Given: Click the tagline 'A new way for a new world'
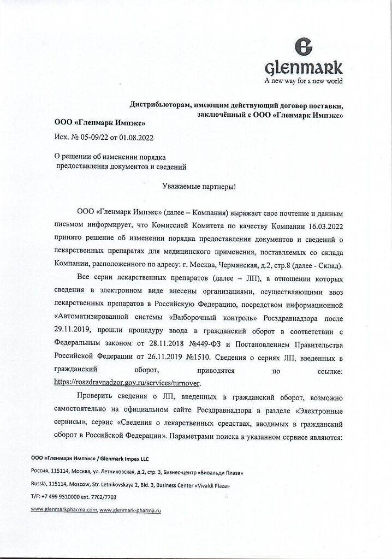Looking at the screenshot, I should [x=304, y=82].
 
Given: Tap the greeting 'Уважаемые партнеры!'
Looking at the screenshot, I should [x=199, y=186].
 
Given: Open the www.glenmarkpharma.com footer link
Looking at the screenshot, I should [x=64, y=509].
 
